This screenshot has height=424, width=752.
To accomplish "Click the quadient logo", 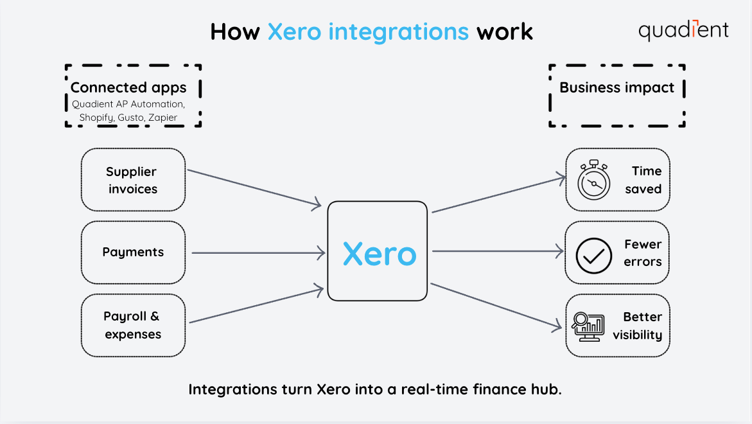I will tap(683, 30).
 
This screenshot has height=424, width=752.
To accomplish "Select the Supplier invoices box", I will tap(133, 180).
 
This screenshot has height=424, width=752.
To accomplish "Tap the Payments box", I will tap(133, 252).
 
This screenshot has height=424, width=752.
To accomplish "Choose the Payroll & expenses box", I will tap(133, 325).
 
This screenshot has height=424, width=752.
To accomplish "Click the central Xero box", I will tap(378, 251).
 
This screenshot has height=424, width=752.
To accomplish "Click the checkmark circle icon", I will tap(593, 255).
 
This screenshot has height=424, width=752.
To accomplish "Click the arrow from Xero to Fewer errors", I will tap(498, 252).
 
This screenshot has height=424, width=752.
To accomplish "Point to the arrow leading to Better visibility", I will tap(496, 306).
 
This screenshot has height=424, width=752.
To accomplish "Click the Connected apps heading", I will tap(128, 87).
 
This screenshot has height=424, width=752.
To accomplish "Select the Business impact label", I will tap(617, 87).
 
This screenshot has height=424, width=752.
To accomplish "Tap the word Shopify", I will tap(96, 118).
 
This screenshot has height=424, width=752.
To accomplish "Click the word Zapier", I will tap(162, 118).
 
